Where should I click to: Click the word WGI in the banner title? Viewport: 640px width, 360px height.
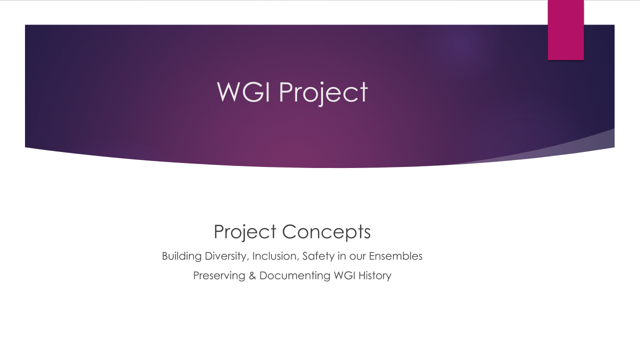pyautogui.click(x=243, y=91)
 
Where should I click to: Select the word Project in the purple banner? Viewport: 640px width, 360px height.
pyautogui.click(x=323, y=93)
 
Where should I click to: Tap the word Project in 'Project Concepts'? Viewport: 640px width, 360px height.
pyautogui.click(x=245, y=232)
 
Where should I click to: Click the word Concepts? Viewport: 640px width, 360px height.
pyautogui.click(x=326, y=232)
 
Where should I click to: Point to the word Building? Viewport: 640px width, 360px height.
pyautogui.click(x=181, y=256)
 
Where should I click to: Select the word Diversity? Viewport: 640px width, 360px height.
pyautogui.click(x=227, y=256)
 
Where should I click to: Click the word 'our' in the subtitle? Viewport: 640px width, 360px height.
pyautogui.click(x=357, y=257)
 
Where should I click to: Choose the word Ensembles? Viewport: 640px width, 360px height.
pyautogui.click(x=395, y=256)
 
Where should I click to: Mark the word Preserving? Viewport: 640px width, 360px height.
pyautogui.click(x=219, y=276)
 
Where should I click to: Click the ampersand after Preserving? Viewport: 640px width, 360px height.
pyautogui.click(x=252, y=275)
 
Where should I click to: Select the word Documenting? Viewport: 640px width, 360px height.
pyautogui.click(x=295, y=276)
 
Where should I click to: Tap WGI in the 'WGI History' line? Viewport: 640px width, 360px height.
pyautogui.click(x=344, y=275)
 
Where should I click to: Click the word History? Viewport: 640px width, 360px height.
pyautogui.click(x=375, y=276)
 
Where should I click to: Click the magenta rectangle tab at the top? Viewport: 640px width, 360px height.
pyautogui.click(x=565, y=30)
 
